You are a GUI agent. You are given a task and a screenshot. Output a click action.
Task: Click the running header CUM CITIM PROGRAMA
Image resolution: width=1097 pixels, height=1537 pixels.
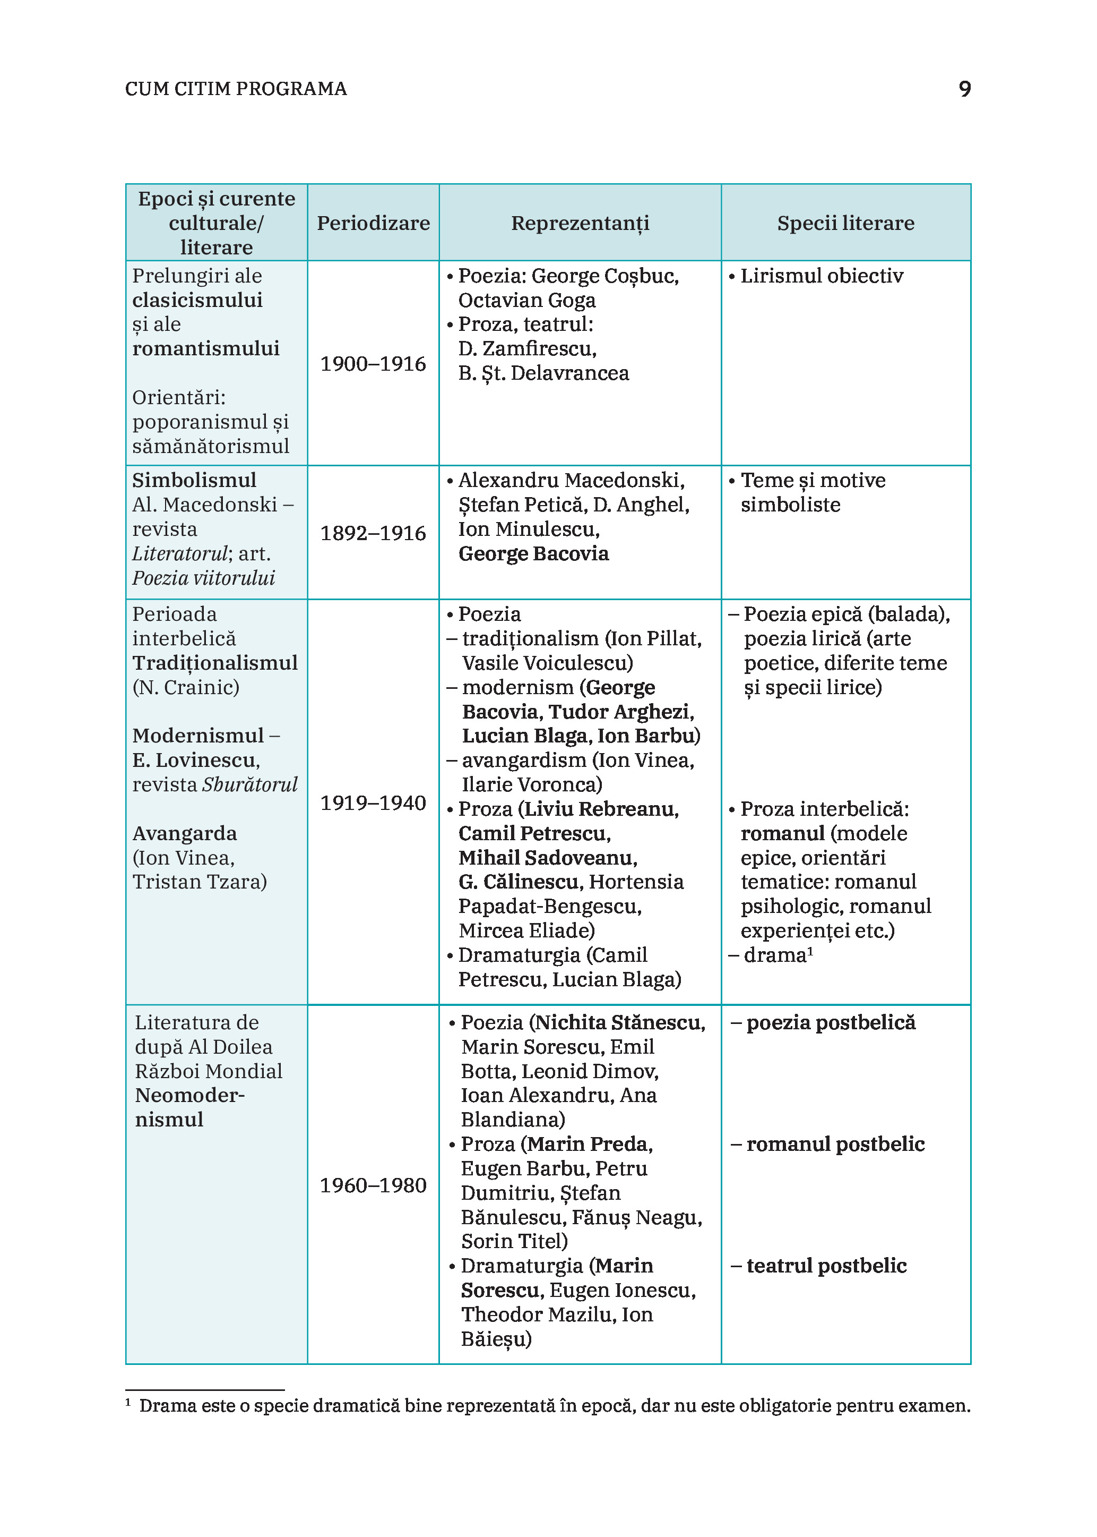point(236,89)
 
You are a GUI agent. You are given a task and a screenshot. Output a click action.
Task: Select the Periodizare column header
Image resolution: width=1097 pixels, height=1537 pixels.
point(373,223)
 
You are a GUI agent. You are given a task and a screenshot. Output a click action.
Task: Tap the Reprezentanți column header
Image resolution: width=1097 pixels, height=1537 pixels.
point(580,223)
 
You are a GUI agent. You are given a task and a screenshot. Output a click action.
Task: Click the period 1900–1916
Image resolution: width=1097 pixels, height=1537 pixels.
point(373,364)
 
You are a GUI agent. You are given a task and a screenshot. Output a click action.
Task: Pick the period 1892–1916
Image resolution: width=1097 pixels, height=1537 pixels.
point(373,533)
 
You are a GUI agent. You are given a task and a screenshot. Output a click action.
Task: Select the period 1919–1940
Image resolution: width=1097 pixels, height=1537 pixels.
point(373,803)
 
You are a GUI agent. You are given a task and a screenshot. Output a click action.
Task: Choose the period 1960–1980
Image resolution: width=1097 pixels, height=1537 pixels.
point(373,1185)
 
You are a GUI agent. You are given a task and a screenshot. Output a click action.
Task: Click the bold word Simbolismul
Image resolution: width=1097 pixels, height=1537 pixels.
point(194,481)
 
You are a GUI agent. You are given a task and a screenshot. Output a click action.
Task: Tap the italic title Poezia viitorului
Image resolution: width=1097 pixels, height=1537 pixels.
point(203,578)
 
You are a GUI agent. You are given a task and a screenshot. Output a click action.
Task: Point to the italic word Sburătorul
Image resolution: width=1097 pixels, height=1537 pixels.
point(250,785)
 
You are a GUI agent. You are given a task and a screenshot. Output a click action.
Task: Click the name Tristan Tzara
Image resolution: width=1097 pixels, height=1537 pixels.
point(198,882)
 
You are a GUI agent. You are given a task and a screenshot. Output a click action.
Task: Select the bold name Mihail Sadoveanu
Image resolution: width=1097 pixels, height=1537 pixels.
point(547,858)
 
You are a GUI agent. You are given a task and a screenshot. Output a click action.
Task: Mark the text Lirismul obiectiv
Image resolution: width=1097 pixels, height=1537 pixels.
point(822,276)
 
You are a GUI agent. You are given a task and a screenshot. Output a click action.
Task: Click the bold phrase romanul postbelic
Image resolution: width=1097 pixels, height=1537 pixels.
point(835,1145)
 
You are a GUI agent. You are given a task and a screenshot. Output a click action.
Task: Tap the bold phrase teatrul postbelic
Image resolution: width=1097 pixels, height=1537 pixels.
point(826,1266)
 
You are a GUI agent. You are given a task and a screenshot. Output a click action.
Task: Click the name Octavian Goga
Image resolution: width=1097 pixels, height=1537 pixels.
point(527,300)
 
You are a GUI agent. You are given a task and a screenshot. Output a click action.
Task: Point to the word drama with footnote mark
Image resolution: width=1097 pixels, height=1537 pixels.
point(775,955)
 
